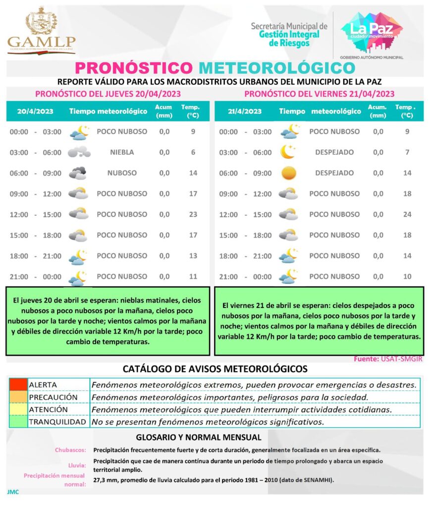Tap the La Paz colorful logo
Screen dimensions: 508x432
[x=371, y=33]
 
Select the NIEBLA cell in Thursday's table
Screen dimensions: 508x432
[x=122, y=152]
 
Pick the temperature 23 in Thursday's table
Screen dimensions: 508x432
[x=193, y=214]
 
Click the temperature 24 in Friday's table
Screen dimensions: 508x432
[x=407, y=214]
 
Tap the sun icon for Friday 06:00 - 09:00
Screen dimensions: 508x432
[x=288, y=173]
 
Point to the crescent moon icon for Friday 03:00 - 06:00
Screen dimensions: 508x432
[x=288, y=152]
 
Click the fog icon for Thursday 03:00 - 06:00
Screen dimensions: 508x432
[x=79, y=152]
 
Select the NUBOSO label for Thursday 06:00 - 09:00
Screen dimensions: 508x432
[x=122, y=173]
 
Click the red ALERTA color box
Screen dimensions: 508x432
[x=18, y=384]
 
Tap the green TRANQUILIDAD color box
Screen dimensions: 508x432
[x=18, y=422]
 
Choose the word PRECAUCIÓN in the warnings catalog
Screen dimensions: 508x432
[x=54, y=397]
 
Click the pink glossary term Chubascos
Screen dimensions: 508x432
[x=70, y=450]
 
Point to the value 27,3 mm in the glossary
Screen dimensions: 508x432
[x=107, y=480]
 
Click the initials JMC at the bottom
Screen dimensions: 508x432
[x=13, y=492]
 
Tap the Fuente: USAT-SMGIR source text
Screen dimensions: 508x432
[x=388, y=359]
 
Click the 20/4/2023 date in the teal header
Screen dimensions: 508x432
[x=31, y=111]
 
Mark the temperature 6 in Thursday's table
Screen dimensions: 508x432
[x=193, y=152]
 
